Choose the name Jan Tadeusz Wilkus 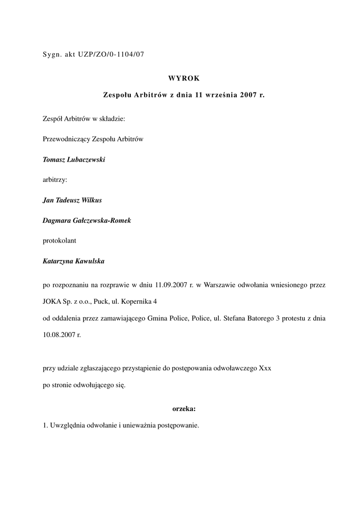(x=73, y=200)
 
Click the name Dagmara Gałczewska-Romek (x=87, y=220)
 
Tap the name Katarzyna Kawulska (x=74, y=261)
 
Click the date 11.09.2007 (x=171, y=285)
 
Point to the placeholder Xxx (x=265, y=369)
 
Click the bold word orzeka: (x=184, y=409)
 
